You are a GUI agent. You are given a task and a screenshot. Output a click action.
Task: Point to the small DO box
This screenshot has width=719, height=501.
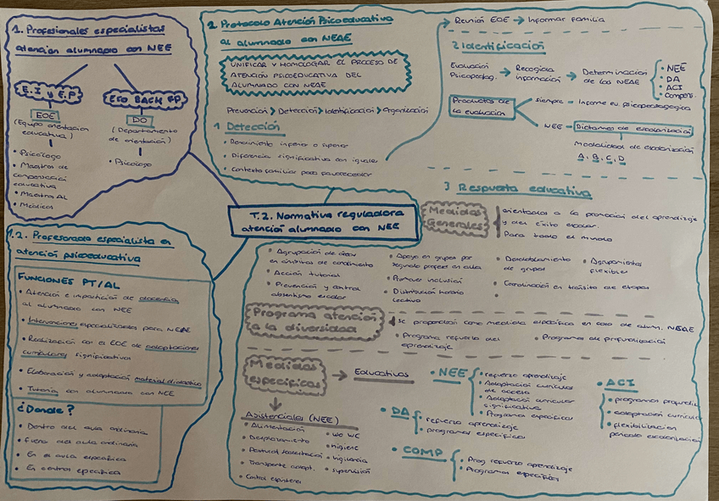click(x=141, y=118)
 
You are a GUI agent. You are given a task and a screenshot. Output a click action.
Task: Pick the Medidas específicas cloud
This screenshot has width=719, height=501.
click(x=285, y=375)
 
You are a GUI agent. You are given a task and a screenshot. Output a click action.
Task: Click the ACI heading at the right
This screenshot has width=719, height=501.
click(x=621, y=383)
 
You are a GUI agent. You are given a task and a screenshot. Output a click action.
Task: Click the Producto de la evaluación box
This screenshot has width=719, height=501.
click(x=480, y=105)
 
